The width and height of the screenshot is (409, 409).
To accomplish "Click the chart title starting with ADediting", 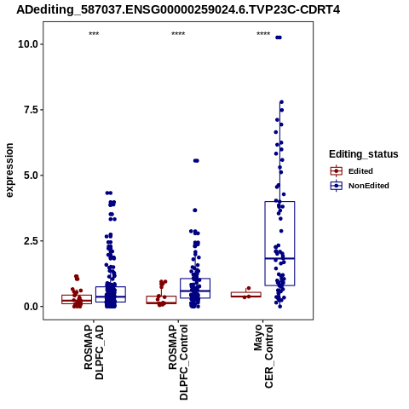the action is pos(178,9).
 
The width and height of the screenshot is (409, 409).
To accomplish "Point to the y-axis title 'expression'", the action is pos(9,170).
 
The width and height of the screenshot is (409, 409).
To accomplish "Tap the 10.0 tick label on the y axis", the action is pos(28,44).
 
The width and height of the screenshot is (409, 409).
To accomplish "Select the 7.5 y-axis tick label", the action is pos(31,110).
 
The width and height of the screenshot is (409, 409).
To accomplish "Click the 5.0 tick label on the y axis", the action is pos(31,176).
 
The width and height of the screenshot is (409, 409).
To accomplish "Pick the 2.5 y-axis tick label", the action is pos(31,241).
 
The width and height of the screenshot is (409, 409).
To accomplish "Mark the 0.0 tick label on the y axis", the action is pos(31,307).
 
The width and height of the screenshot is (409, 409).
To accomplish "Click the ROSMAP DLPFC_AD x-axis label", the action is pos(94,352).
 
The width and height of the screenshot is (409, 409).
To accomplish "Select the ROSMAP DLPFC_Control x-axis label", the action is pos(178,362).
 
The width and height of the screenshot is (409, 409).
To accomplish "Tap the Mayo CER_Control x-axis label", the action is pos(263,356).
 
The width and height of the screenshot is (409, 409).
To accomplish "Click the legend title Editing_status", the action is pos(364,154).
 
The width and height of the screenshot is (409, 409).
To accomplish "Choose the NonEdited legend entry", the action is pos(360,186).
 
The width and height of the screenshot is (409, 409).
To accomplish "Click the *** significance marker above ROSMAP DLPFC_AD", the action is pos(94,34).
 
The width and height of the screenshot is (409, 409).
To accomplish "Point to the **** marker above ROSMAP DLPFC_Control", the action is pos(178,34).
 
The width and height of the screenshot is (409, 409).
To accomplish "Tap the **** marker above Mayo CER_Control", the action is pos(263,34).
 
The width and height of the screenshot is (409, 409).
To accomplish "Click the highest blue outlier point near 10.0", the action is pos(279,37).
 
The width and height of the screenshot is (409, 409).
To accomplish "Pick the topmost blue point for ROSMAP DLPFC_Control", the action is pos(196,161).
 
